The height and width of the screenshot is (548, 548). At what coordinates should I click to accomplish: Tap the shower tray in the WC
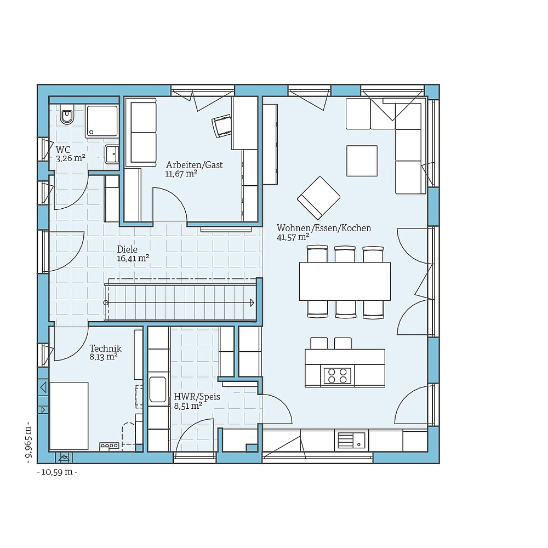102,121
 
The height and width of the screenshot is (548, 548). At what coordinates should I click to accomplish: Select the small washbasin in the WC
112,154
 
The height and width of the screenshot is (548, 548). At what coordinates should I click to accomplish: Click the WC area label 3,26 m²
70,158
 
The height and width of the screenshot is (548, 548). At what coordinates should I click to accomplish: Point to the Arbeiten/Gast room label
194,165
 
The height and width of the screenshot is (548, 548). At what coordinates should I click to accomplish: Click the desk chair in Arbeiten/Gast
222,126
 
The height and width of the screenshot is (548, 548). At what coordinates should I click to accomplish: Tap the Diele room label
127,249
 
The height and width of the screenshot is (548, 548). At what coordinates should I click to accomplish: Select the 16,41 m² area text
133,258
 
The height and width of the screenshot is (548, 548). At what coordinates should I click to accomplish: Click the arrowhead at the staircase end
252,302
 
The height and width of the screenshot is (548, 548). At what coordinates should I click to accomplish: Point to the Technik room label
105,349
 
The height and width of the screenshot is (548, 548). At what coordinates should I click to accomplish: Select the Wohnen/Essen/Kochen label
323,228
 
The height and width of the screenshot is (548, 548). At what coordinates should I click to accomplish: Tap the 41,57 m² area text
293,237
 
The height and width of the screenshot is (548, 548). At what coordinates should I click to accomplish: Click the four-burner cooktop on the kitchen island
337,375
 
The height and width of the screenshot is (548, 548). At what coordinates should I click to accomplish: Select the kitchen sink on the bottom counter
351,439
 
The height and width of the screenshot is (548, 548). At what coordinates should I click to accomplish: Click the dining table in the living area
345,281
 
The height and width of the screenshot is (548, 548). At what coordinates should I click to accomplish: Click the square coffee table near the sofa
362,161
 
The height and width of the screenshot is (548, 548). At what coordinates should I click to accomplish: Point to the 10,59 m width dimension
57,472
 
